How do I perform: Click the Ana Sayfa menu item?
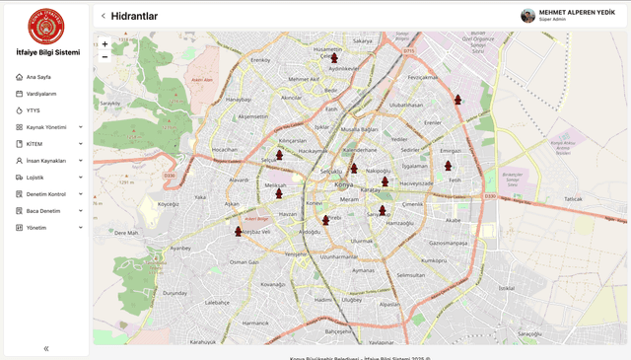[x=38, y=77]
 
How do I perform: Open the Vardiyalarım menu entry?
[x=40, y=94]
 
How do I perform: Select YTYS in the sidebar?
[x=34, y=110]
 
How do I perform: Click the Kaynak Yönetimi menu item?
[x=46, y=127]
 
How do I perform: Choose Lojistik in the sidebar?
[x=35, y=178]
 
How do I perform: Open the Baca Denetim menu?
[x=43, y=211]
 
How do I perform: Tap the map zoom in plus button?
[x=105, y=44]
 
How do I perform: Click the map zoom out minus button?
[x=105, y=57]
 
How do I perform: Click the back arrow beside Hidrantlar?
[x=104, y=16]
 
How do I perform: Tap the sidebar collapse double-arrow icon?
[x=46, y=348]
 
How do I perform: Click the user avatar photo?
[x=528, y=16]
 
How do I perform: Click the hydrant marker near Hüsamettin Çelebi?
[x=334, y=58]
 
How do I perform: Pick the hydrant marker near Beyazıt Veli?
[x=238, y=232]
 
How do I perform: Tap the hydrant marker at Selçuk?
[x=279, y=154]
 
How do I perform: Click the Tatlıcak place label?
[x=573, y=199]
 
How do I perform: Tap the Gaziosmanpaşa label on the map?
[x=448, y=242]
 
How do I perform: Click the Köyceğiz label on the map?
[x=169, y=204]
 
